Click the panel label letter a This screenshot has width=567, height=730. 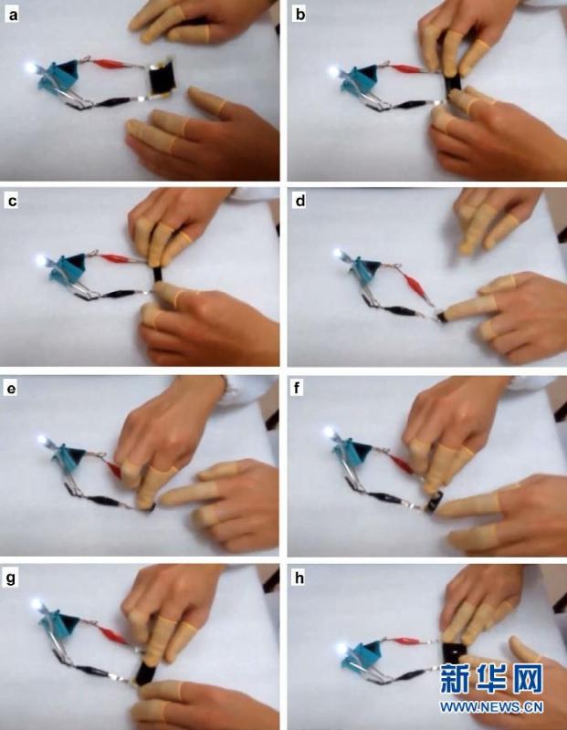[13, 16]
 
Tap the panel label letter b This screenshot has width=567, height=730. [300, 15]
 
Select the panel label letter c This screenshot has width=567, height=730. [13, 201]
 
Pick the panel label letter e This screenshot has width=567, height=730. [11, 389]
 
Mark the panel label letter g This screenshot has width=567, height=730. [10, 579]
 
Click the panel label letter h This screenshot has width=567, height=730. [299, 578]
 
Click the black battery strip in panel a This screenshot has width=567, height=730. [162, 78]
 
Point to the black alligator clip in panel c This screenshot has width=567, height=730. [115, 294]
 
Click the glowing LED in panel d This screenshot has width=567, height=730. [337, 255]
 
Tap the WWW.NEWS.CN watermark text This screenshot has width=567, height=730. [491, 707]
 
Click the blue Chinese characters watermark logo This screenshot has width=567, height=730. [491, 679]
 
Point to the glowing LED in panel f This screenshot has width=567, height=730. [330, 432]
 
